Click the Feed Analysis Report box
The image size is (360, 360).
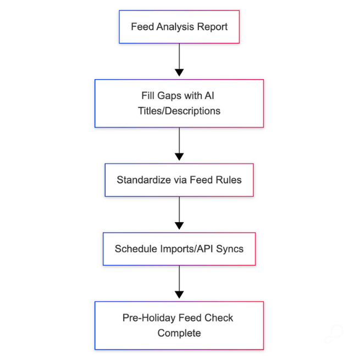pos(179,26)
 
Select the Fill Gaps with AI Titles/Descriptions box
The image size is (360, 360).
pos(179,103)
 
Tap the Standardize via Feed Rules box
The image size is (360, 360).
pos(179,180)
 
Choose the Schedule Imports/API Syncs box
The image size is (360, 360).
pos(179,248)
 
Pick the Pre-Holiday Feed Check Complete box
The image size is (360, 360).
pos(179,325)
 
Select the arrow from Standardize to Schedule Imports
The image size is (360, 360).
pos(179,214)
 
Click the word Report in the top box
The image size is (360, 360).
pos(213,27)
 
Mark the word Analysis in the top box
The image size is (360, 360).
pos(175,27)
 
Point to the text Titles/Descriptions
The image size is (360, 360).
pos(179,111)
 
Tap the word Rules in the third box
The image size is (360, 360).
pos(229,180)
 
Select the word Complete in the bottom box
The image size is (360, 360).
pos(179,333)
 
